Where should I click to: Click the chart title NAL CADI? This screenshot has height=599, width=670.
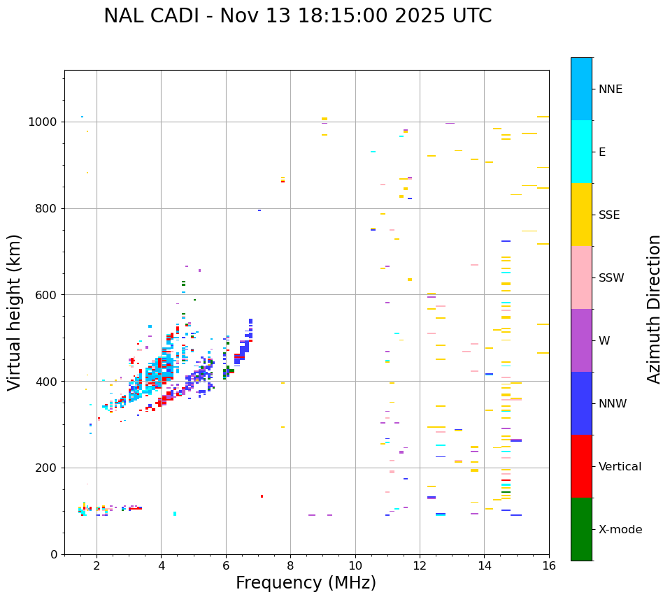(x=297, y=16)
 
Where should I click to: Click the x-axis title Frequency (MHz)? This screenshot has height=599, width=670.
(x=306, y=583)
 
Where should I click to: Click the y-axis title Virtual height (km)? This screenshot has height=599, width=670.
(x=15, y=312)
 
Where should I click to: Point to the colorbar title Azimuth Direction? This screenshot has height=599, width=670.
(x=654, y=309)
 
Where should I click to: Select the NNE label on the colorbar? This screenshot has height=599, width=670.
(x=610, y=89)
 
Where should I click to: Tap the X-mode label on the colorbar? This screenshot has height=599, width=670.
(x=620, y=530)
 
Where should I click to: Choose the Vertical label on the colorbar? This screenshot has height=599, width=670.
(x=620, y=467)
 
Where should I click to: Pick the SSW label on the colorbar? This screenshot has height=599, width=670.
(x=611, y=278)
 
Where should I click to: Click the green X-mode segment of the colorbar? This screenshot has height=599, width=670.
(x=581, y=529)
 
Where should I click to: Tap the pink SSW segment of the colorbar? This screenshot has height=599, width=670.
(x=581, y=277)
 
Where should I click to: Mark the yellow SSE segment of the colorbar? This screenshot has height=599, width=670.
(x=581, y=215)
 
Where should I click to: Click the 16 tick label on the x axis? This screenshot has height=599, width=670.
(x=549, y=565)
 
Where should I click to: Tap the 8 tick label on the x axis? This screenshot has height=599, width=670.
(x=290, y=565)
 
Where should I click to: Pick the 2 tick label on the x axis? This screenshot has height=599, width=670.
(x=97, y=565)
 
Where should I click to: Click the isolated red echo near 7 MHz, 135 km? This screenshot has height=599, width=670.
(x=262, y=496)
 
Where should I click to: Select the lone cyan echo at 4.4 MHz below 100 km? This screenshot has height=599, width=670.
(x=175, y=514)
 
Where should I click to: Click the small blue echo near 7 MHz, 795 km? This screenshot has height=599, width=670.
(x=259, y=210)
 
